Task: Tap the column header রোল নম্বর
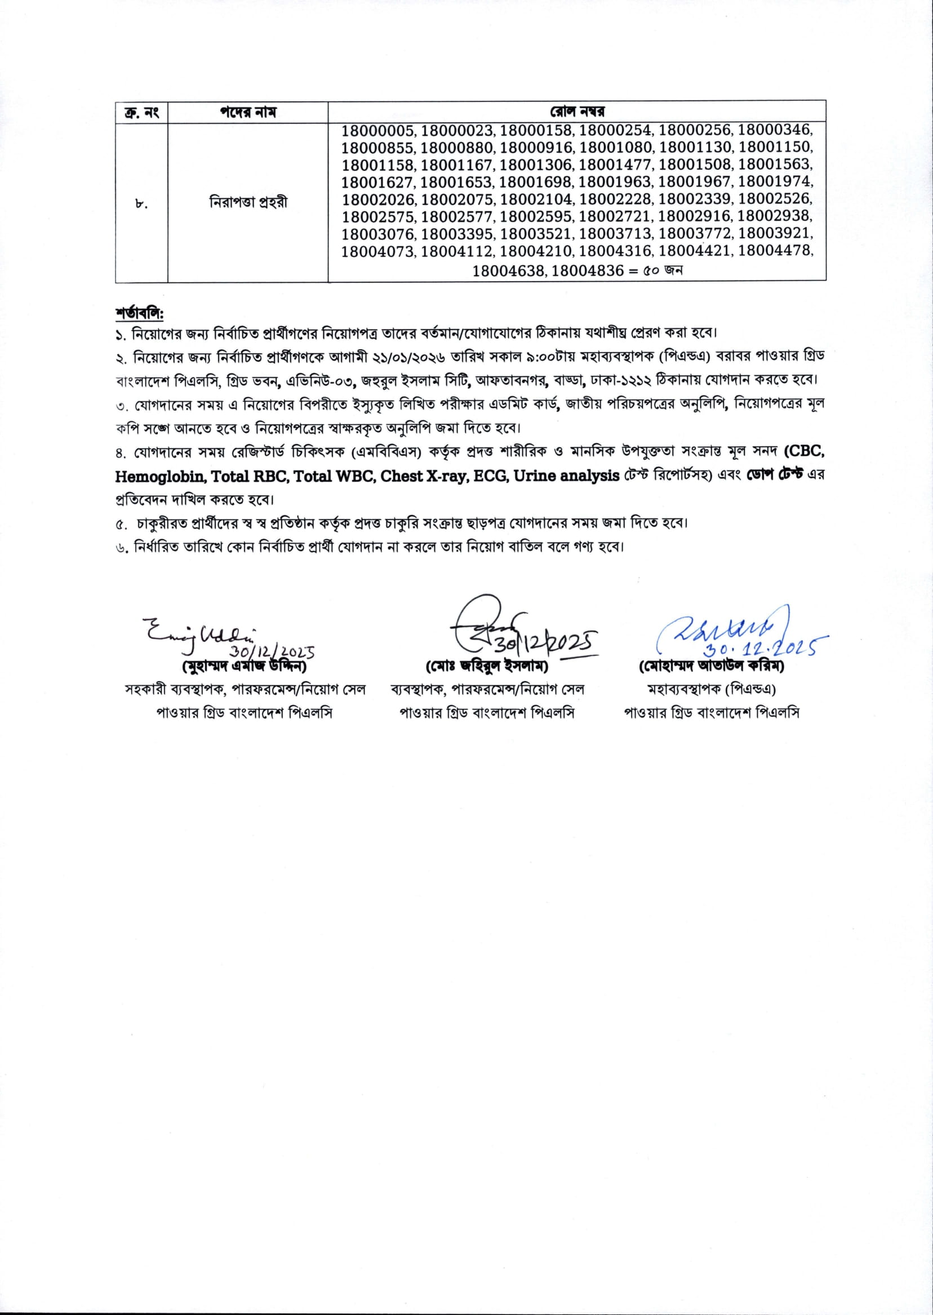coord(577,112)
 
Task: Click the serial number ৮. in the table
coord(141,203)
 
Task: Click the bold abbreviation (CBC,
coord(805,451)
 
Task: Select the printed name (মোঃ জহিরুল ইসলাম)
coord(487,667)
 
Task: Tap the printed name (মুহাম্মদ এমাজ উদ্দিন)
coord(244,667)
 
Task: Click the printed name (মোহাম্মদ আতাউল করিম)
coord(711,667)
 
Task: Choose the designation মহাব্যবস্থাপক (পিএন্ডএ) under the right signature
coord(711,690)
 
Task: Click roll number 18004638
coord(508,270)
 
